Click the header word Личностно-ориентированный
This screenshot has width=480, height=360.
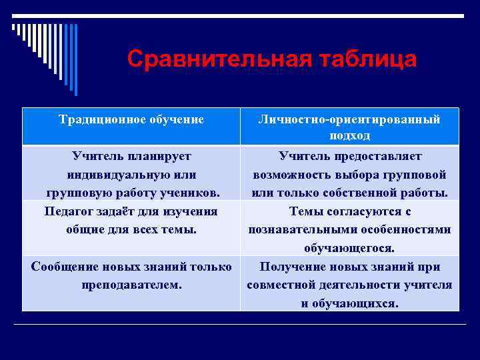350,119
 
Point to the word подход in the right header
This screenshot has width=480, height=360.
350,135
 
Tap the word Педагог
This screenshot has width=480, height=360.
69,211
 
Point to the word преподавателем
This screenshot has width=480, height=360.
131,284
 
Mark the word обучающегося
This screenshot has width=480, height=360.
350,248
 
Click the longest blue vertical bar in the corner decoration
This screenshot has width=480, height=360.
75,60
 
